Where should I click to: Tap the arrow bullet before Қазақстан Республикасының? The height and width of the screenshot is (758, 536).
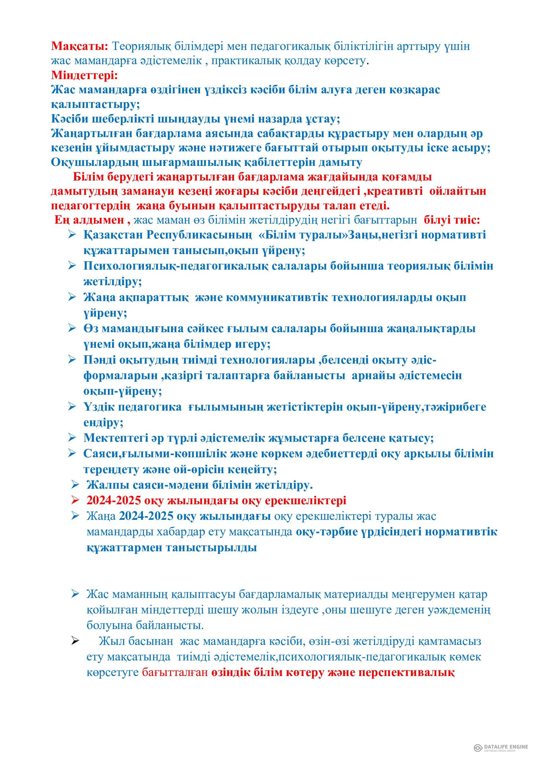tap(72, 235)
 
